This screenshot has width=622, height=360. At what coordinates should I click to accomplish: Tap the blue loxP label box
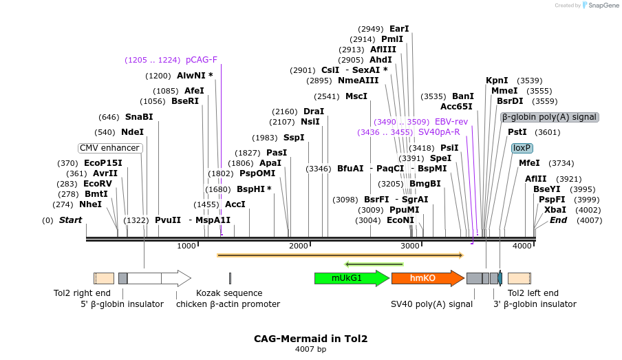[522, 148]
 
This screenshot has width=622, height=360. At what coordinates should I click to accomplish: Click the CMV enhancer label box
[110, 148]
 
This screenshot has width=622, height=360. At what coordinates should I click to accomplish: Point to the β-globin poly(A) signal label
[549, 117]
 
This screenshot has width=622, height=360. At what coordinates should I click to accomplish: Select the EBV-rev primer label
[451, 121]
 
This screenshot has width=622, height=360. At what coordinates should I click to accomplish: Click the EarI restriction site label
[399, 29]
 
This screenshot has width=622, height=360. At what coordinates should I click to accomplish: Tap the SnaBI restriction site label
[139, 117]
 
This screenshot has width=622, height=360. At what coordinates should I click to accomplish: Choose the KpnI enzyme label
[497, 81]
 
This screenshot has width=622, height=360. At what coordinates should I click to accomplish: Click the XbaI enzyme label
[555, 210]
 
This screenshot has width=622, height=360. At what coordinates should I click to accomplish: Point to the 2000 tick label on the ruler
[299, 246]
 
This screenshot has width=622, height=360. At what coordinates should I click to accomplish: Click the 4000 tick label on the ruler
[522, 246]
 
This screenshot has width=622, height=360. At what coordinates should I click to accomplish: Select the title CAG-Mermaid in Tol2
[310, 339]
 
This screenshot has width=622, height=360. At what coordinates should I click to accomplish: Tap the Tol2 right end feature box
[104, 278]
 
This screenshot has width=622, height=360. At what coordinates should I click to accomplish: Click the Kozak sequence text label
[229, 293]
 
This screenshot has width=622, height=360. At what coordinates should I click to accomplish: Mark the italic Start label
[70, 220]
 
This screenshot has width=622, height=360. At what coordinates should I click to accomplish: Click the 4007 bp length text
[310, 350]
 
